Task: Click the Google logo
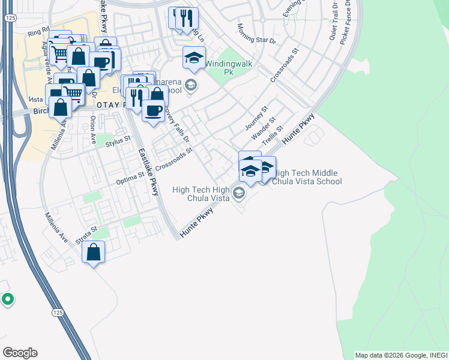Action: pos(20,353)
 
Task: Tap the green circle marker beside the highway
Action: pos(7,298)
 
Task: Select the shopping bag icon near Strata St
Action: pos(94,252)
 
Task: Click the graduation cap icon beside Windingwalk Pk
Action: pos(194,58)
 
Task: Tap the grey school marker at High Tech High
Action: pos(239,193)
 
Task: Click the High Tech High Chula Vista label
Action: pos(202,194)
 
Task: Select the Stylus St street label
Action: pos(118,141)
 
